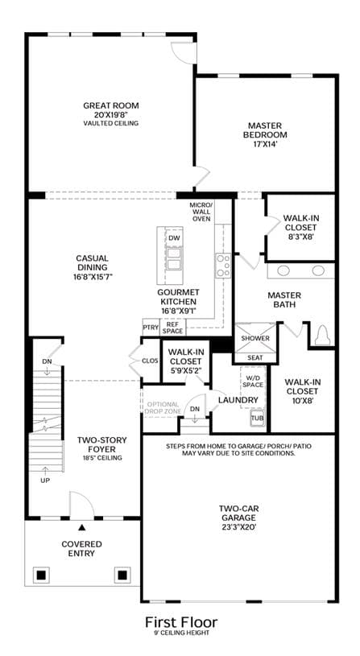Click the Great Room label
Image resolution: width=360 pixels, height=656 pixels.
coord(111,105)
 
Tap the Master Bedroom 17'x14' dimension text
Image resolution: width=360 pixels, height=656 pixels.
coord(264,144)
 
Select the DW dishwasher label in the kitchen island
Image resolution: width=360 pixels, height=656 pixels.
coord(174,238)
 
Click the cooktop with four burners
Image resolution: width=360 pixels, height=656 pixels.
coord(223,266)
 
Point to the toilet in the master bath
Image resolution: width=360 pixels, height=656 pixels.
coord(322,336)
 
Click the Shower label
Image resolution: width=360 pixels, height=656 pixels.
coord(255,338)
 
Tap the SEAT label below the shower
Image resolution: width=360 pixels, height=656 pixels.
coord(255,357)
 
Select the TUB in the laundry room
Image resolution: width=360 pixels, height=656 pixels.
coord(257,418)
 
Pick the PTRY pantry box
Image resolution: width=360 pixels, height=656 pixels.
coord(151,328)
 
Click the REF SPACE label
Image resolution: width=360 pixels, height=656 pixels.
coord(173,328)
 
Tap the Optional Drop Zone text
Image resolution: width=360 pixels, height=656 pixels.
coord(163,408)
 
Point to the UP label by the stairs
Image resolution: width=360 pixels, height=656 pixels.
coord(45,481)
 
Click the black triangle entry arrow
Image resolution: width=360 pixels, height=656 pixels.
coord(82,528)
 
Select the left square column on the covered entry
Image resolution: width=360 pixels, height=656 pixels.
coord(41,576)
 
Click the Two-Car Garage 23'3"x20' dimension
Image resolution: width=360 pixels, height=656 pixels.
coord(239,527)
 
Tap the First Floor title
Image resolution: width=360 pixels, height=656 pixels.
coord(181,621)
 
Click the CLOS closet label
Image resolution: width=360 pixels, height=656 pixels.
coord(151,361)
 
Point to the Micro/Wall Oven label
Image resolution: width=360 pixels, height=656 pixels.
coord(201,212)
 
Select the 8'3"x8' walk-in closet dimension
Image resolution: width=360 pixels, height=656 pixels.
coord(299,237)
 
